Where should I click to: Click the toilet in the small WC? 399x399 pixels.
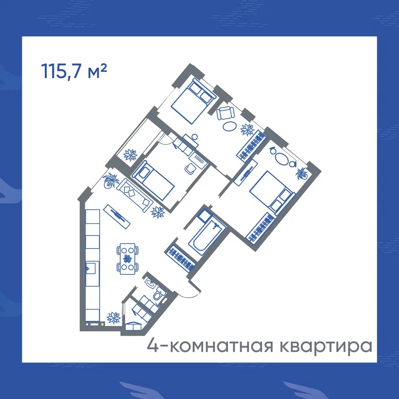point(159,293)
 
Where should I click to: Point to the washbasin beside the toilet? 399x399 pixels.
point(150,283)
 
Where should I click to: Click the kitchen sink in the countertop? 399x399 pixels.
point(91,269)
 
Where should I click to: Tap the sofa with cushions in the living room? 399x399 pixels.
point(135,195)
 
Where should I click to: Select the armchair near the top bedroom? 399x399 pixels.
point(225,113)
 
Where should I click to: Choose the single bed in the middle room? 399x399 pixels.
point(153,180)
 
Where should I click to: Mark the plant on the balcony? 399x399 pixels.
point(130,155)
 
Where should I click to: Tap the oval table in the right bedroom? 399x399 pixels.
point(281,158)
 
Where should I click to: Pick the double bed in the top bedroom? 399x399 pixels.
point(193,101)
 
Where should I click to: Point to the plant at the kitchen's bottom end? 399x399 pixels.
point(113,318)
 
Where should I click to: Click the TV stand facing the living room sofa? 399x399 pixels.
point(117,216)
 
